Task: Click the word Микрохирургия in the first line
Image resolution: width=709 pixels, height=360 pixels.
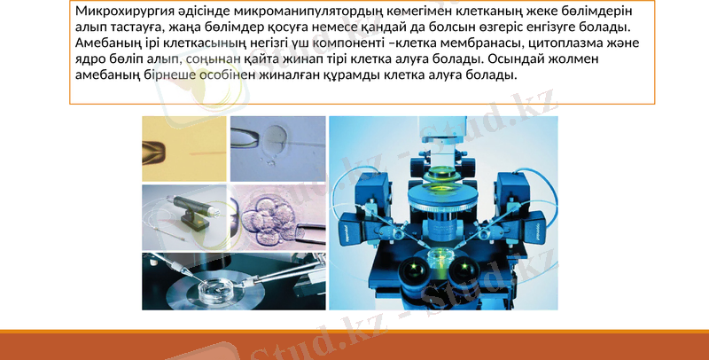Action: [121, 12]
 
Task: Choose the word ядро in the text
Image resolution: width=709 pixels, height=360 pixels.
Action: [90, 59]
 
